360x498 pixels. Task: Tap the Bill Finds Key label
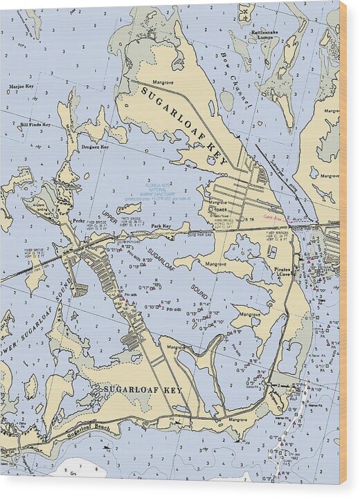click(35, 124)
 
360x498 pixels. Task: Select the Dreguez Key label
click(95, 147)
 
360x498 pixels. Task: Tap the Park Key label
click(161, 226)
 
